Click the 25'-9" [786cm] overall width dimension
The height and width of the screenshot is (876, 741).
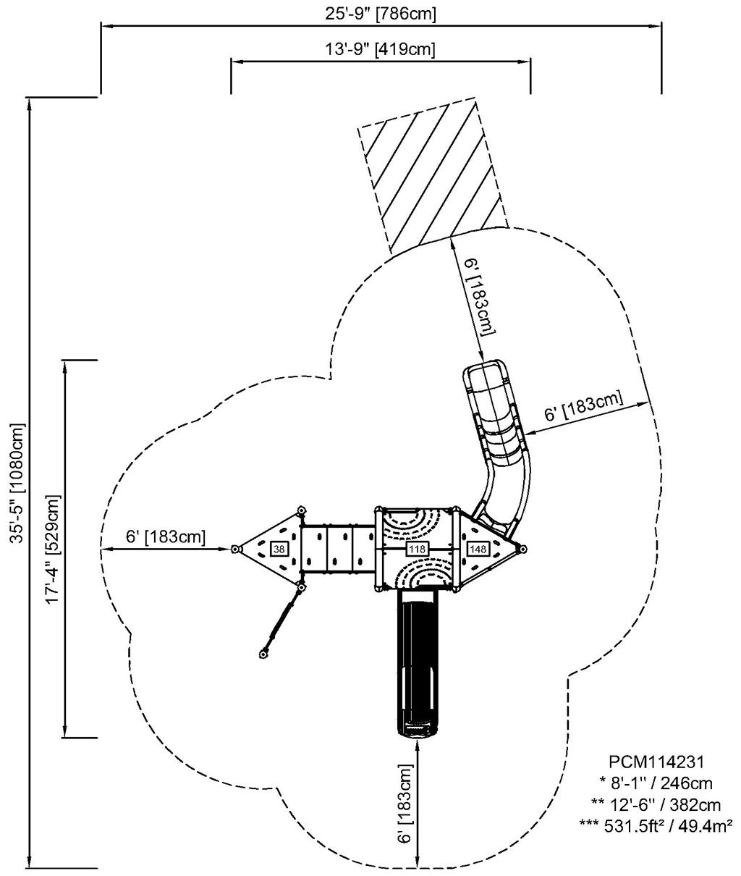[379, 12]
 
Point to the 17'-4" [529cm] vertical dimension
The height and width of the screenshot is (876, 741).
[52, 549]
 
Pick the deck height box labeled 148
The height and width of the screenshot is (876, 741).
[478, 549]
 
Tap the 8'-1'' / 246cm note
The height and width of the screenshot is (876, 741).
[656, 783]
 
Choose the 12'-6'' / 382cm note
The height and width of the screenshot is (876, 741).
[656, 804]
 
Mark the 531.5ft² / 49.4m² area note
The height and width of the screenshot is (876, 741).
[656, 825]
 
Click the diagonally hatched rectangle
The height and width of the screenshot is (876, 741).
[432, 174]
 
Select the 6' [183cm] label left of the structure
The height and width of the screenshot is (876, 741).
[165, 537]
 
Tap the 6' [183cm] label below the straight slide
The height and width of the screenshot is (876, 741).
[405, 804]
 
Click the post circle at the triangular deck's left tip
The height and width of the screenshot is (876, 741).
[235, 549]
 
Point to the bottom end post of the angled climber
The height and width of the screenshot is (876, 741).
[263, 654]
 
